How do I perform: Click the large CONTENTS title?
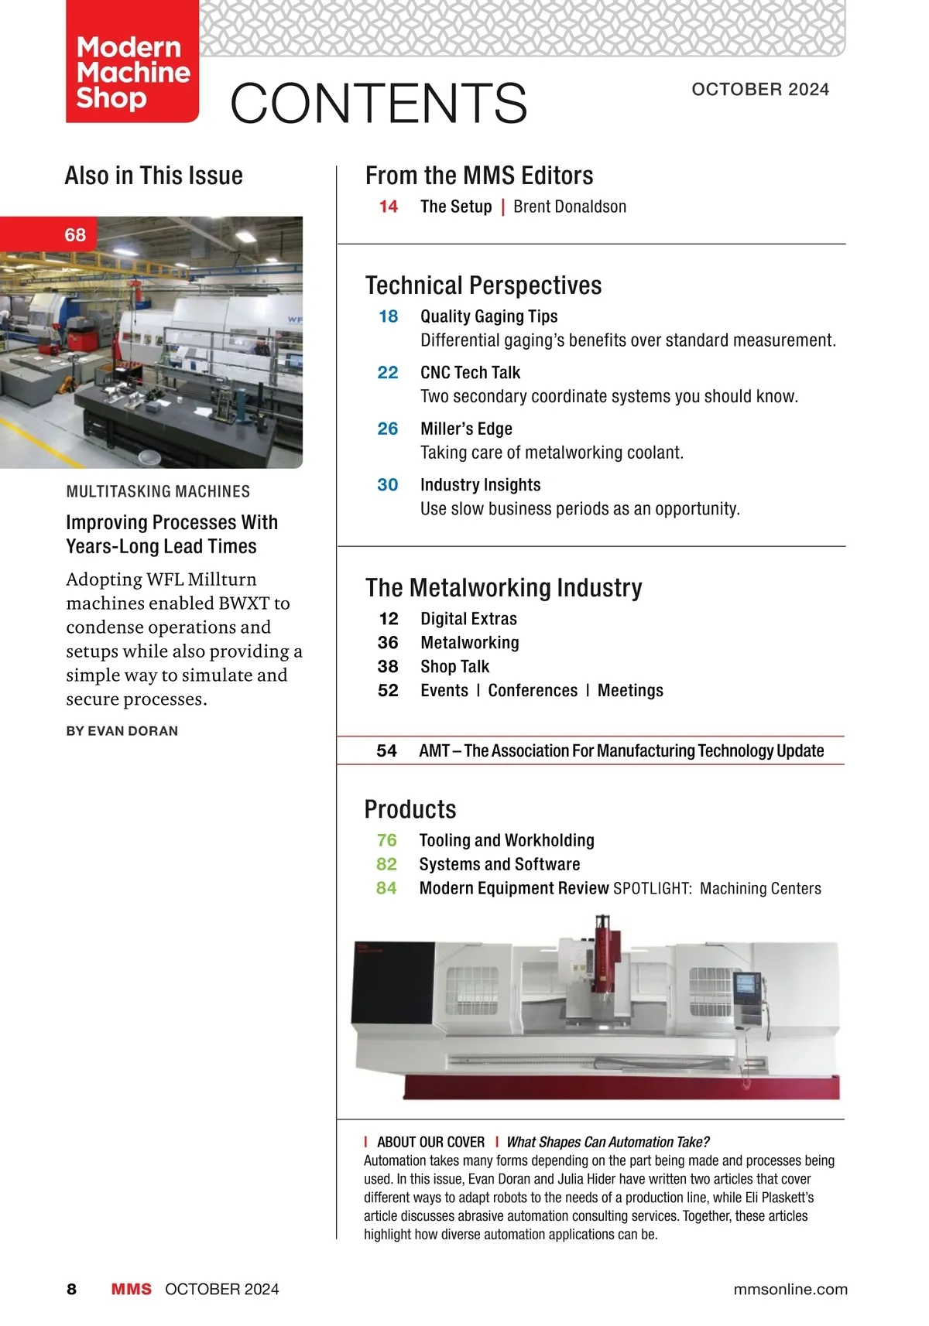pyautogui.click(x=379, y=103)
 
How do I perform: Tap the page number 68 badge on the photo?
pyautogui.click(x=75, y=235)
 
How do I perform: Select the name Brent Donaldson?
pyautogui.click(x=570, y=207)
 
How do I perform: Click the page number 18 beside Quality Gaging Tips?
pyautogui.click(x=388, y=316)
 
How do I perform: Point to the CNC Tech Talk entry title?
pyautogui.click(x=470, y=373)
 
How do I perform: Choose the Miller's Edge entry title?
pyautogui.click(x=466, y=429)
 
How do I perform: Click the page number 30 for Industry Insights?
pyautogui.click(x=388, y=485)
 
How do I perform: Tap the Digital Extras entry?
pyautogui.click(x=468, y=619)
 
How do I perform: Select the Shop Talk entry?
pyautogui.click(x=455, y=667)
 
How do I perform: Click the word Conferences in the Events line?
pyautogui.click(x=533, y=691)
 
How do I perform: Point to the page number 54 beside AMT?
pyautogui.click(x=386, y=751)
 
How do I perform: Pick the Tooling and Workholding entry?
pyautogui.click(x=507, y=840)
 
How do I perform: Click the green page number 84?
pyautogui.click(x=386, y=888)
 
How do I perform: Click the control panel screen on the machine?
pyautogui.click(x=746, y=984)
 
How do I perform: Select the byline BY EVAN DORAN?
pyautogui.click(x=122, y=731)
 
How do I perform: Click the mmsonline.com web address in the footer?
pyautogui.click(x=790, y=1289)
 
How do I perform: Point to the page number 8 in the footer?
pyautogui.click(x=72, y=1289)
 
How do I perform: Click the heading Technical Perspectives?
pyautogui.click(x=483, y=285)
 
